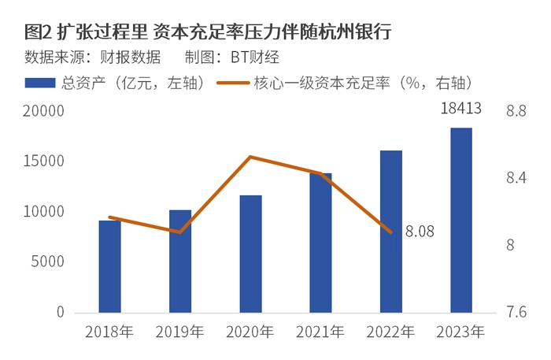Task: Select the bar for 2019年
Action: click(x=180, y=261)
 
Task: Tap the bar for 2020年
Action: click(x=250, y=254)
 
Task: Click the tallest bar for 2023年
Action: click(x=460, y=220)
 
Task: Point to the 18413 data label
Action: click(x=460, y=109)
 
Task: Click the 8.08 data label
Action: click(x=419, y=232)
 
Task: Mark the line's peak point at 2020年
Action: click(x=250, y=157)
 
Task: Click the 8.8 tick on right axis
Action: click(x=516, y=112)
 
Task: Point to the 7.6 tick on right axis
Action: click(x=516, y=313)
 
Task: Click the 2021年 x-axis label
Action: click(x=320, y=332)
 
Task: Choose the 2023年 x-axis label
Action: click(x=460, y=332)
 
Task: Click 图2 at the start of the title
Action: click(x=38, y=32)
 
